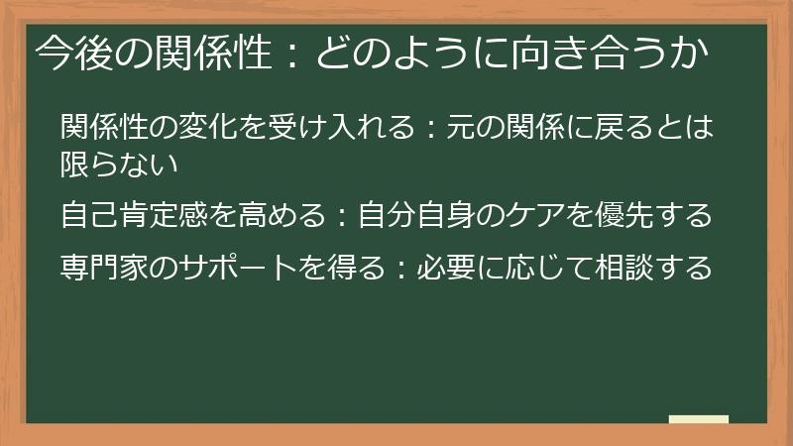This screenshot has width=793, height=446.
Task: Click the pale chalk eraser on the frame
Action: [x=698, y=420]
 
